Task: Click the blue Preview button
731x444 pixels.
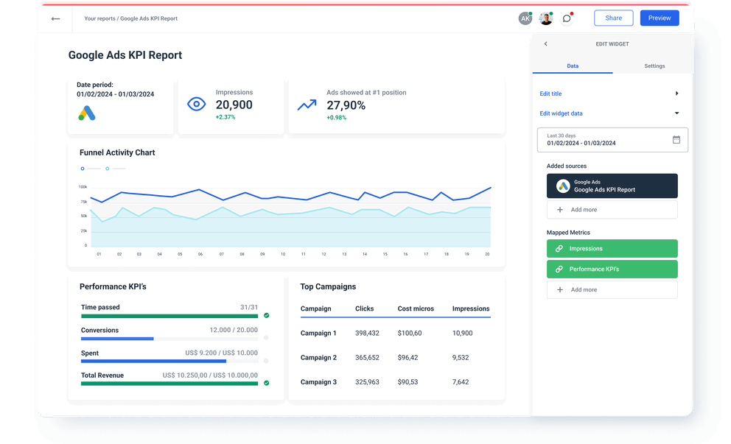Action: point(660,18)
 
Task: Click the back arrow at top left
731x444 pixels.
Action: point(55,18)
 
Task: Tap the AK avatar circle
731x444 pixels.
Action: point(525,18)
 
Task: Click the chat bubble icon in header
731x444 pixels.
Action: point(567,18)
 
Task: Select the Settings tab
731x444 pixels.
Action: point(654,66)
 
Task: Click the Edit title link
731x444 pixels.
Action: point(550,94)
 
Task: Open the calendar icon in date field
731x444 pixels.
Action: point(676,140)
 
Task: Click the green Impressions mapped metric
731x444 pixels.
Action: point(612,249)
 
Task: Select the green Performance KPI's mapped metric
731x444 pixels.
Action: point(612,269)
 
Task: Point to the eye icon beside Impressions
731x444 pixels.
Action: point(196,105)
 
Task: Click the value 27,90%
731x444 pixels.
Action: point(346,105)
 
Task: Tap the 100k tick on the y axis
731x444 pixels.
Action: point(83,187)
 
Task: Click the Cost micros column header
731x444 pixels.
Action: point(416,309)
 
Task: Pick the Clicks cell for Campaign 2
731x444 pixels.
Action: point(367,358)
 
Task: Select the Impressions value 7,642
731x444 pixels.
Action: point(461,382)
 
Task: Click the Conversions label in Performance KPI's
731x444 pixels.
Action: point(99,331)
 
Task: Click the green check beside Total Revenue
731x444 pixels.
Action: point(266,383)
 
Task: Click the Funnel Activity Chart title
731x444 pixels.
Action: point(117,152)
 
